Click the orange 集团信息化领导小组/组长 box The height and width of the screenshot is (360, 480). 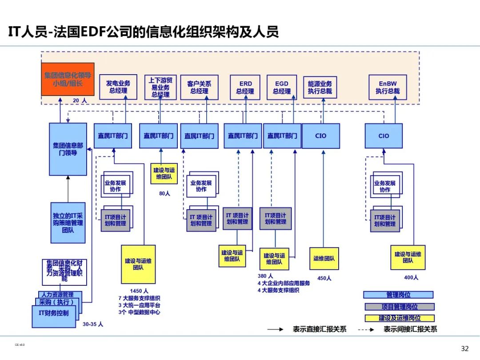[x=68, y=79]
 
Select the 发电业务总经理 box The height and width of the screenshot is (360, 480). [x=118, y=87]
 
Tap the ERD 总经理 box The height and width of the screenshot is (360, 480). [x=245, y=87]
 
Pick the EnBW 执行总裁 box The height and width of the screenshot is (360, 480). [x=388, y=87]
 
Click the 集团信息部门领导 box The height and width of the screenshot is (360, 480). [x=68, y=149]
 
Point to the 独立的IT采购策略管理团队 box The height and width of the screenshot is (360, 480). [x=68, y=223]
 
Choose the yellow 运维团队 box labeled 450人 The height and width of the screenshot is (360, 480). [x=324, y=258]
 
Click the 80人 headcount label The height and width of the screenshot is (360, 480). [x=164, y=193]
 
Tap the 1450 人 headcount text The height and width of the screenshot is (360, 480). [x=139, y=291]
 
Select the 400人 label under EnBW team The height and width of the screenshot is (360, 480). [x=411, y=277]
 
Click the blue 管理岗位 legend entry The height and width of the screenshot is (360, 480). [x=398, y=295]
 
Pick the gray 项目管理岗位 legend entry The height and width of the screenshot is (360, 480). [x=399, y=307]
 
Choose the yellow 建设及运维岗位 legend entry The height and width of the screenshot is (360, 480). [x=399, y=318]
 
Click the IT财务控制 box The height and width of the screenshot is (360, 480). [x=54, y=313]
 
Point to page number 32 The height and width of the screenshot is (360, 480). [x=464, y=348]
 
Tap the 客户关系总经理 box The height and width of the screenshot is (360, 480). [x=199, y=87]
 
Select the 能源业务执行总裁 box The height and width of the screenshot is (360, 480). [x=320, y=87]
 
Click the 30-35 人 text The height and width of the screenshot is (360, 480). [x=93, y=324]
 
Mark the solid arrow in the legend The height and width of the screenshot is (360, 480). [x=275, y=329]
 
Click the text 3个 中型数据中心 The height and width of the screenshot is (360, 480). [x=139, y=312]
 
